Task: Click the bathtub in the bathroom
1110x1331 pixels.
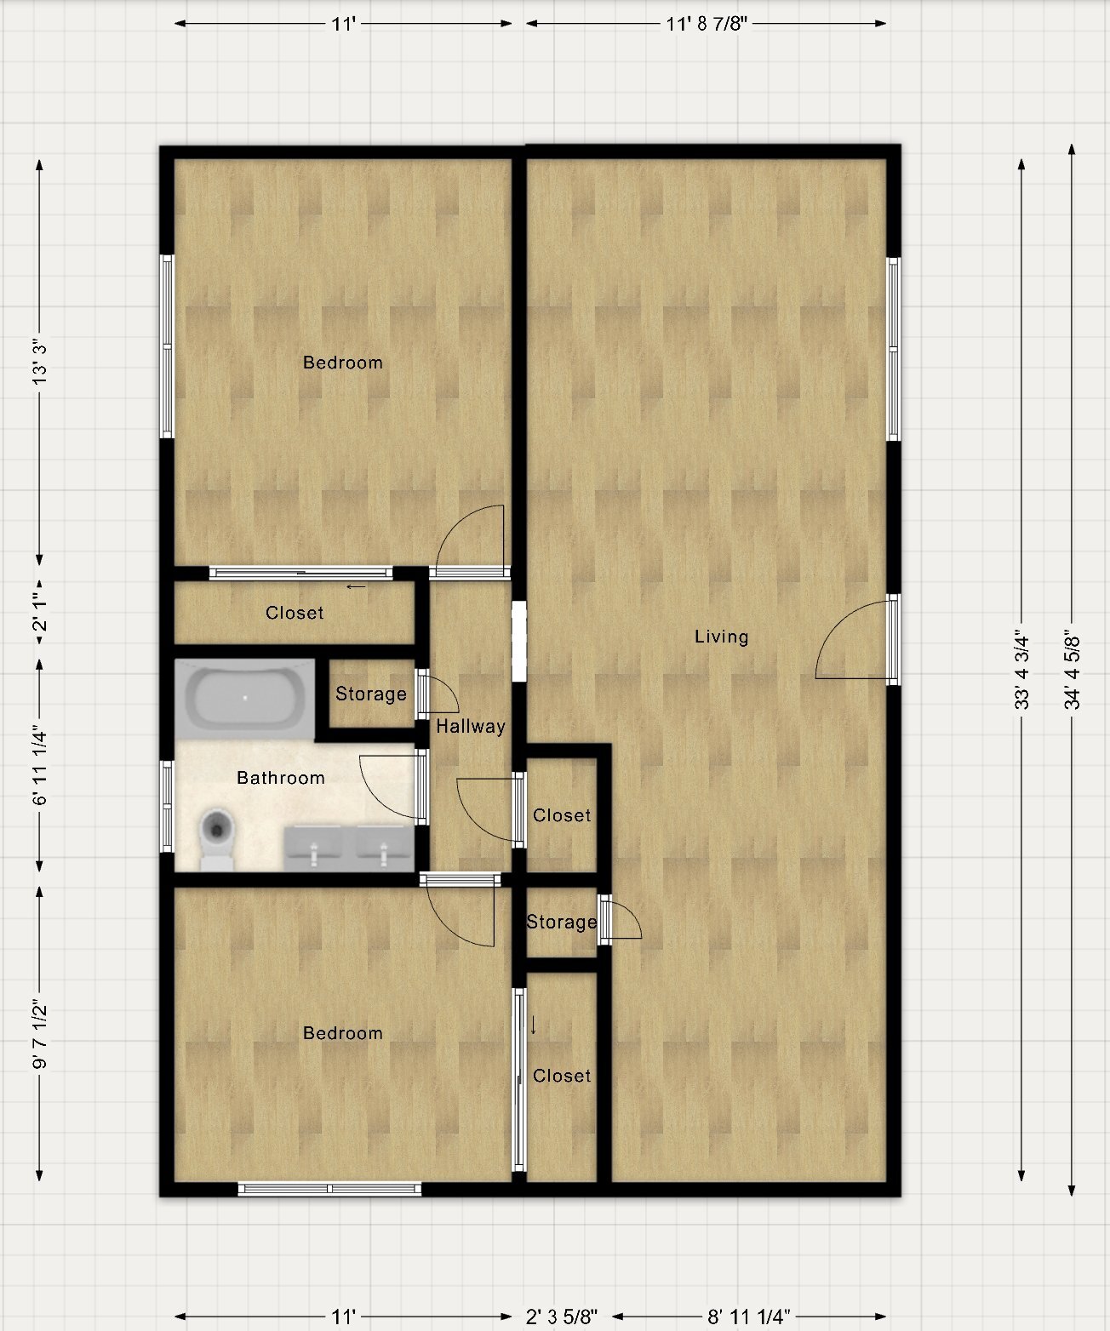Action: [x=245, y=700]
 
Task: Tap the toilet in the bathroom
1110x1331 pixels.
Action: [x=217, y=839]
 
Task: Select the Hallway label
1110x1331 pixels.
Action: [x=471, y=726]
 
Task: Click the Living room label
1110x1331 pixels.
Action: [x=721, y=637]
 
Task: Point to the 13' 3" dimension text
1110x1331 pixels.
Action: [x=39, y=362]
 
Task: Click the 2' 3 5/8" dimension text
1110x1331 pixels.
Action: [x=561, y=1316]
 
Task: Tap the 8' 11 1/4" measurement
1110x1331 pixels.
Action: [x=748, y=1316]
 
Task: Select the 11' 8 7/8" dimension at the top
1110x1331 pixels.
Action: [x=707, y=24]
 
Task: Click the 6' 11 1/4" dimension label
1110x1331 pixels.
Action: [x=39, y=765]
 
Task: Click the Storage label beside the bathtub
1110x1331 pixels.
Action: [x=370, y=694]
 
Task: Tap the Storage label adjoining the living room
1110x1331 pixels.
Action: [x=562, y=922]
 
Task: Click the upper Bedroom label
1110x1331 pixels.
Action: [x=342, y=363]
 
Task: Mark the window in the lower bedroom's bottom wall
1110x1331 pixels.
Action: [x=329, y=1189]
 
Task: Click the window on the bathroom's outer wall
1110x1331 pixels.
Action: [x=167, y=807]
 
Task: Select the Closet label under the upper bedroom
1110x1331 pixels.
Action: [x=295, y=613]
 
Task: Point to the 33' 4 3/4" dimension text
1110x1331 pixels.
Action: [x=1021, y=669]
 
